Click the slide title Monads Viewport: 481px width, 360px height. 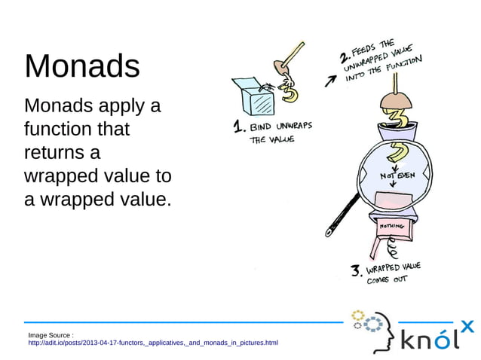pos(82,66)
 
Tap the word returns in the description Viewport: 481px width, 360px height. pos(62,153)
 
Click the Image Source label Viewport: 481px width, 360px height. pos(51,334)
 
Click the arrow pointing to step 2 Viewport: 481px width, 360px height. pos(329,81)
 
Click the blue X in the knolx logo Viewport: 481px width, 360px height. pos(467,326)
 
